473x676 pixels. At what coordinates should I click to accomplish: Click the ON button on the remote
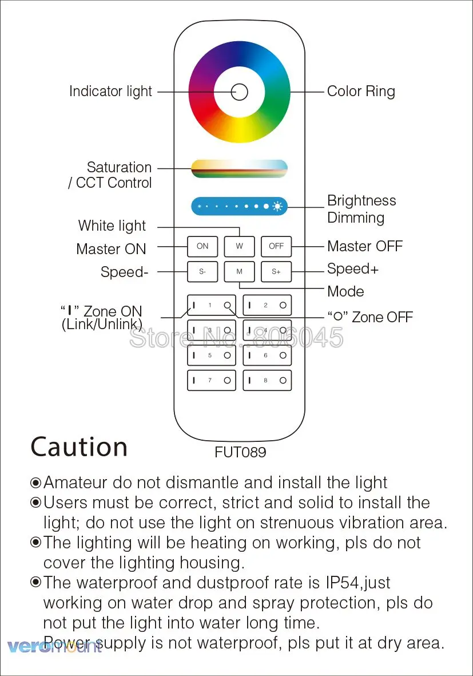202,246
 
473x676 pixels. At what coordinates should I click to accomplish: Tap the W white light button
239,246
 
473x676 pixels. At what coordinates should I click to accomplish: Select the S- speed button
202,272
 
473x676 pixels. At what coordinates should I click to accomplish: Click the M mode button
239,272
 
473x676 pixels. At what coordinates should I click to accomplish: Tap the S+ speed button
276,272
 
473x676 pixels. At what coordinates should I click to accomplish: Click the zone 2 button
267,306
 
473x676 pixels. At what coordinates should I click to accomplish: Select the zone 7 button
212,381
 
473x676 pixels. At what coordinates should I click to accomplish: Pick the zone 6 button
267,355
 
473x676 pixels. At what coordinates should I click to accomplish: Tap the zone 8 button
267,381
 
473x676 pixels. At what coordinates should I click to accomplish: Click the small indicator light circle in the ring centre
239,92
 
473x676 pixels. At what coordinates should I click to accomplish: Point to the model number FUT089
240,452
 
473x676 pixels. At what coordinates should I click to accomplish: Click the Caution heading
79,447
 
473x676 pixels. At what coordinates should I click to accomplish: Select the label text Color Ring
361,92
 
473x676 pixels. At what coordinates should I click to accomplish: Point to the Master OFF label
365,246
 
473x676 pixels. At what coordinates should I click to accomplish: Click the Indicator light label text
110,92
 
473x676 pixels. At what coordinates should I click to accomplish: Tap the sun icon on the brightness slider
278,206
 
